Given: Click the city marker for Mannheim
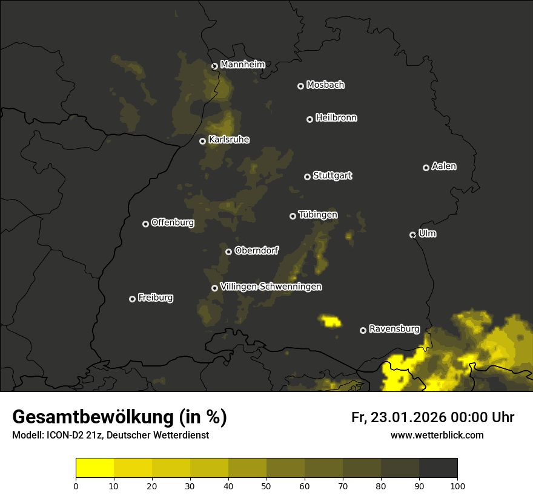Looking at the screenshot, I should pos(214,67).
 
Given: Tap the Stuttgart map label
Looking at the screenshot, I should pos(332,175).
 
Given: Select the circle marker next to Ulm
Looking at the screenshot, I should pos(412,235).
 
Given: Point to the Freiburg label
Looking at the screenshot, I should pos(155,298).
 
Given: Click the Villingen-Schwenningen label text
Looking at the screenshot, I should pos(271,287).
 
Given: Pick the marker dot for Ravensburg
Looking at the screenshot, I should pos(363,330).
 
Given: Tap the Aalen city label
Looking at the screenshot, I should pos(444,166).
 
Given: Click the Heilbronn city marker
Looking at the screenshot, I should pos(310,119).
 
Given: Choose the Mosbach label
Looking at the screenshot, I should pos(325,85).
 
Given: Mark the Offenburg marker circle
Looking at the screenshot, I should pos(145,224).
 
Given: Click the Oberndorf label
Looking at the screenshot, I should pos(257,250).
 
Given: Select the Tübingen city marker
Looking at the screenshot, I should pos(293,216).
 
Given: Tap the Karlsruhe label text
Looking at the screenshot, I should pos(229,140).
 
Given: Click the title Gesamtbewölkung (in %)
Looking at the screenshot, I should pos(119,417).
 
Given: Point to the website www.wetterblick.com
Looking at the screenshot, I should pos(437,435).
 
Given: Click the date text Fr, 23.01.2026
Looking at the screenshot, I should pos(397,417).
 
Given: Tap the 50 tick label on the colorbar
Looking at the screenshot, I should pos(266,485).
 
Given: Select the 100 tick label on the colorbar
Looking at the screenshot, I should pos(457,485).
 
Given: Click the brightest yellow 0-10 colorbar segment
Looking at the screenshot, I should pos(95,468).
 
